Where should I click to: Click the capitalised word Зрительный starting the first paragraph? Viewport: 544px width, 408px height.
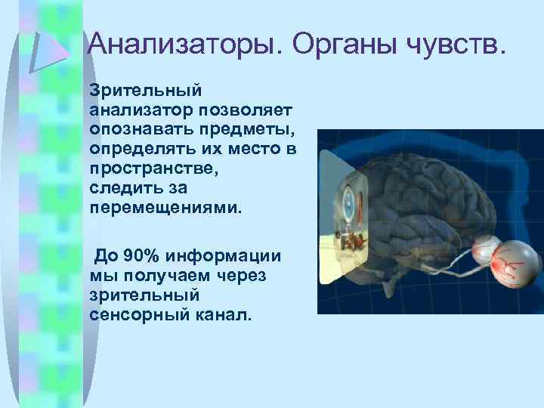pyautogui.click(x=145, y=90)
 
